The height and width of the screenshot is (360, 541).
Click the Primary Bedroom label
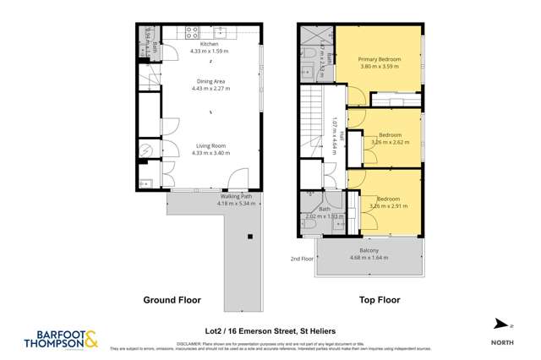tap(373, 59)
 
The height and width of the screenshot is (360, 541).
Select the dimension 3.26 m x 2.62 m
tap(389, 143)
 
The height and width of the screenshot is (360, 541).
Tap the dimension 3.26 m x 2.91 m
tap(389, 205)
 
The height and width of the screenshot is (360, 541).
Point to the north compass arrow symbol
tap(500, 323)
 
